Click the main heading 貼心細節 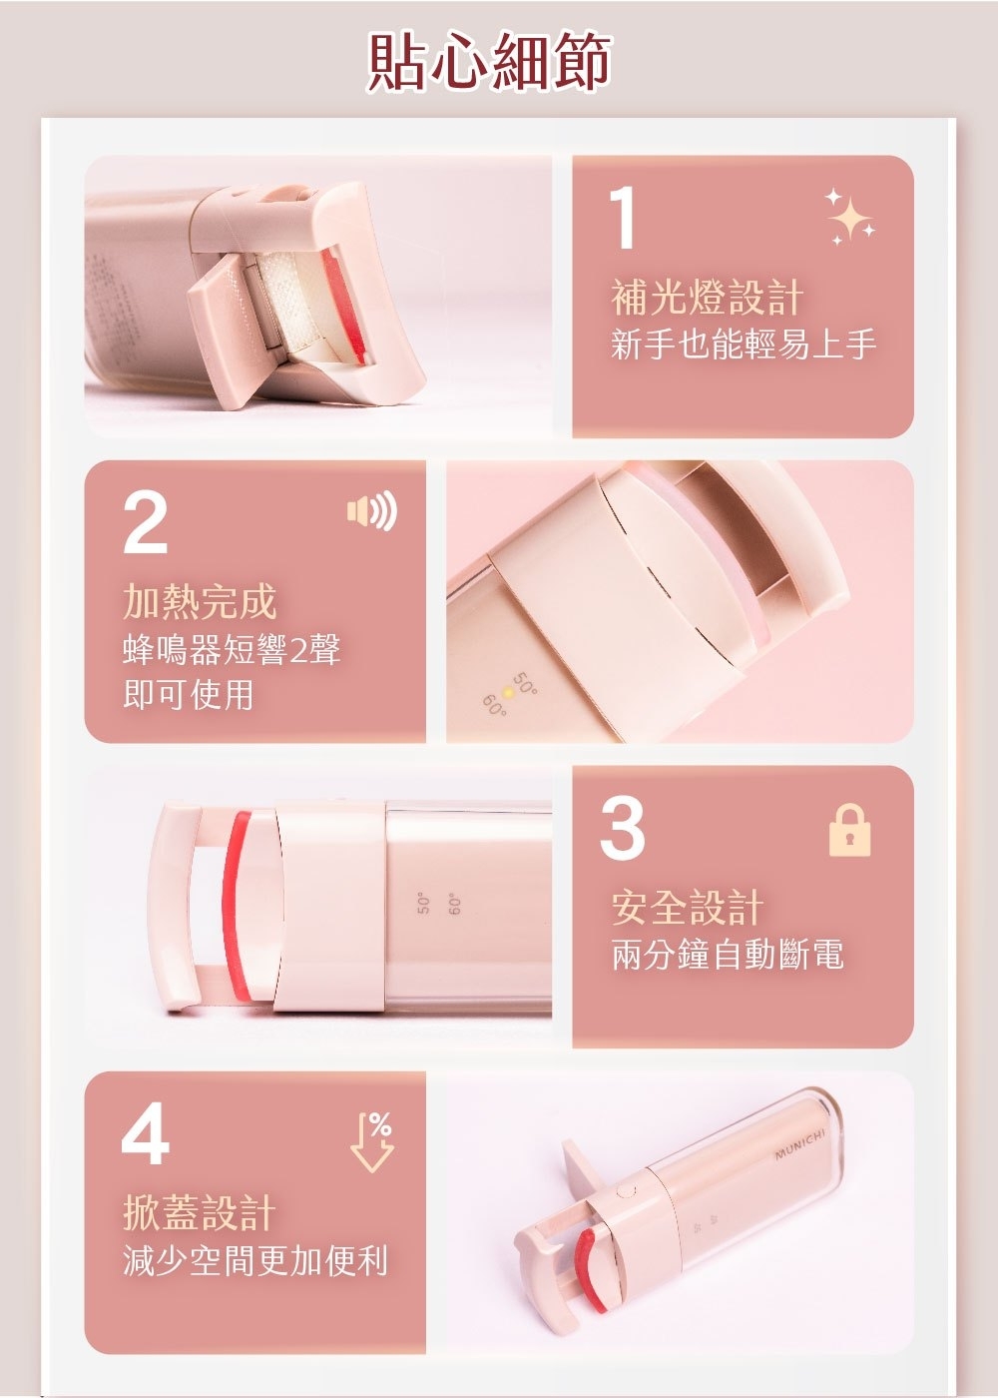pos(490,62)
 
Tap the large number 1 pos(623,218)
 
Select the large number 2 pos(146,523)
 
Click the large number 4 pos(146,1134)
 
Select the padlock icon pos(850,831)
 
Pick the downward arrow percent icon pos(373,1141)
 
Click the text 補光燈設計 pos(707,298)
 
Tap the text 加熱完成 pos(200,601)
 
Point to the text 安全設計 pos(688,908)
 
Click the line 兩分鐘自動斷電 pos(728,955)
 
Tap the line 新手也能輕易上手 pos(744,345)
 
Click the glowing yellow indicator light pos(507,692)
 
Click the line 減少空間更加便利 pos(255,1260)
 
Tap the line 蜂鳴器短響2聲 pos(232,649)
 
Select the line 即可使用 pos(188,695)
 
